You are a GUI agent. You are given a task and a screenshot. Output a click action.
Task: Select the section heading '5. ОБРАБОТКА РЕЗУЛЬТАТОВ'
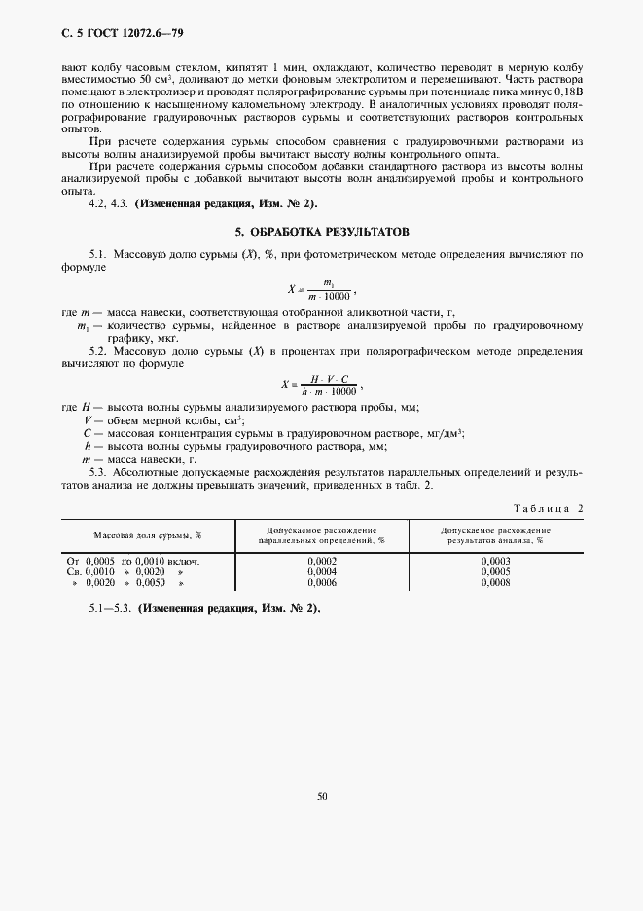(322, 233)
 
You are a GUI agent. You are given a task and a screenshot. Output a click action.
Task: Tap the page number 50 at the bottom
(321, 796)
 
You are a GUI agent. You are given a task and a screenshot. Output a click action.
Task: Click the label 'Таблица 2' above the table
(547, 508)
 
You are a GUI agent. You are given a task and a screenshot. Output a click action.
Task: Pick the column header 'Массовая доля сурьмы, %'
(148, 535)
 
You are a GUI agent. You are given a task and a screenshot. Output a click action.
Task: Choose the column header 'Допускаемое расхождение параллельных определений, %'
(321, 535)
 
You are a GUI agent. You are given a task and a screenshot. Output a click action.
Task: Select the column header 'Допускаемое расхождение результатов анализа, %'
(495, 535)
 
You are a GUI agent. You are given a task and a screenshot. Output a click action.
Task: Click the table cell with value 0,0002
(322, 561)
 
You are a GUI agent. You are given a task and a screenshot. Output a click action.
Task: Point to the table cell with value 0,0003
(495, 561)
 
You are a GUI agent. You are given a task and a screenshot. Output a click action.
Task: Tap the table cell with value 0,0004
(322, 571)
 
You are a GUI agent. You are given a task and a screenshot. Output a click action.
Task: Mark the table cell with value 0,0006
(322, 582)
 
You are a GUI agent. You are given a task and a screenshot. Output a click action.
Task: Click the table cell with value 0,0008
(495, 582)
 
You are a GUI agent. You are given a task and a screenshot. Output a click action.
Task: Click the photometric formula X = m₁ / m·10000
(322, 289)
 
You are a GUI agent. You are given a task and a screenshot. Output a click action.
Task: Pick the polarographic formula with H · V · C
(322, 383)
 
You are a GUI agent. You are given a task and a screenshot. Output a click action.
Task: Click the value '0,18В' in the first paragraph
(566, 89)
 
